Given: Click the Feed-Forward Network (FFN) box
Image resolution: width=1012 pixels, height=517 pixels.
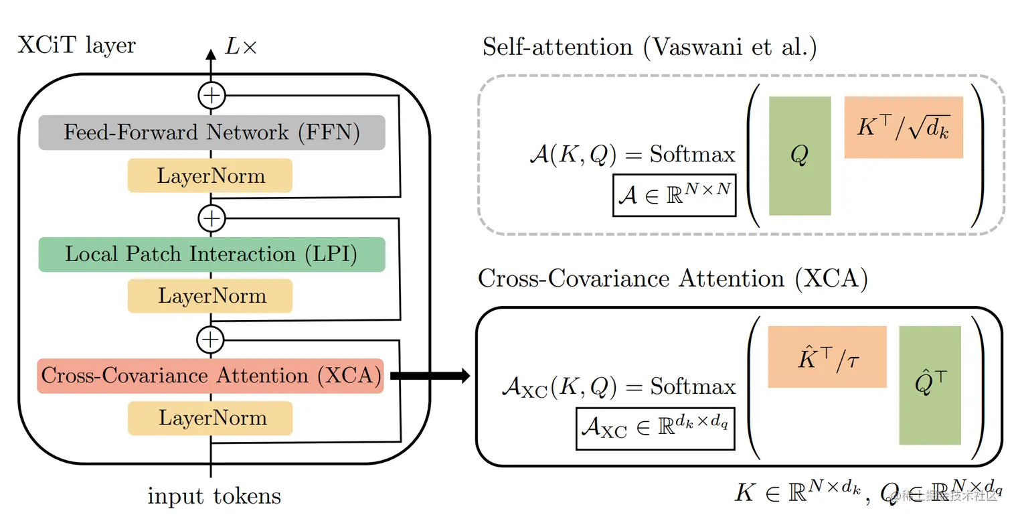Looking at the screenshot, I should point(212,133).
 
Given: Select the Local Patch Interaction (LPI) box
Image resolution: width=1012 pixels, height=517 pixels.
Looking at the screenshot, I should point(212,254).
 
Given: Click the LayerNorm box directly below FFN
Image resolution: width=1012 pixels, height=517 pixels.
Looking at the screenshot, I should point(210,176).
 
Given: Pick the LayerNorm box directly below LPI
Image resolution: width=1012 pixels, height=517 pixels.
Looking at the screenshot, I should point(210,296).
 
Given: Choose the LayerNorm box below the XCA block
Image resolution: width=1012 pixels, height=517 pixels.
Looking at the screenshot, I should point(210,419).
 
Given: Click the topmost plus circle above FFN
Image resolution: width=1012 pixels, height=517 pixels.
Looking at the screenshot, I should point(212,96).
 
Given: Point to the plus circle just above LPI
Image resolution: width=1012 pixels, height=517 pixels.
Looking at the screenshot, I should point(212,218).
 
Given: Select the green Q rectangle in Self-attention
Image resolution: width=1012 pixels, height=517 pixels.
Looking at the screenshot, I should point(800,156).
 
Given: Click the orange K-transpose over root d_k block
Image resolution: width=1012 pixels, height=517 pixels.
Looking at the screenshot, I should point(904,127).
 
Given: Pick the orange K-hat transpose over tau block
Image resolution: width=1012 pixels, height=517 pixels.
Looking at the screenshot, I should point(827,357).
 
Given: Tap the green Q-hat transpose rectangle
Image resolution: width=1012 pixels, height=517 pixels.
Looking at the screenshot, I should point(930,386).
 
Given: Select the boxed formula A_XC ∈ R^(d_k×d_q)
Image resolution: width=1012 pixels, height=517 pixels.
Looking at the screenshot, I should point(655,429).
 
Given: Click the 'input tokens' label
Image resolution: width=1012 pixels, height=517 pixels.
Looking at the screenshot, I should point(214,496).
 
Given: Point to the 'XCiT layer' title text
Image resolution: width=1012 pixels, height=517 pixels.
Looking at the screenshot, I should point(76,46).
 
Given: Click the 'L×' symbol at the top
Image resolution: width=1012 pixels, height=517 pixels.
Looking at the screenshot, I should point(240,48).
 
